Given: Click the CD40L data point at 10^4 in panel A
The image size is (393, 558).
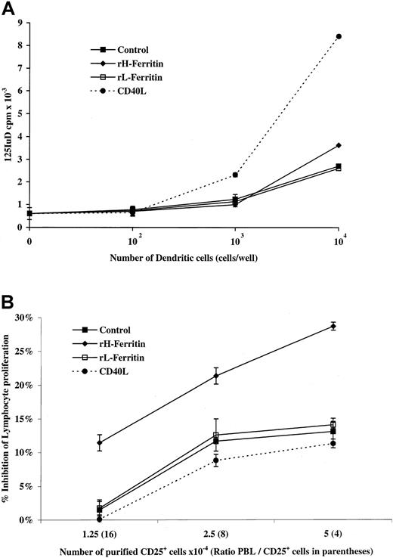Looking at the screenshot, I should [339, 36].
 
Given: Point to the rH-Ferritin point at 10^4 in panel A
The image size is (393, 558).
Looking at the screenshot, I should [339, 145].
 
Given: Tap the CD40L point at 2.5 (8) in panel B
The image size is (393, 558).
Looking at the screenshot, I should [216, 460].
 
